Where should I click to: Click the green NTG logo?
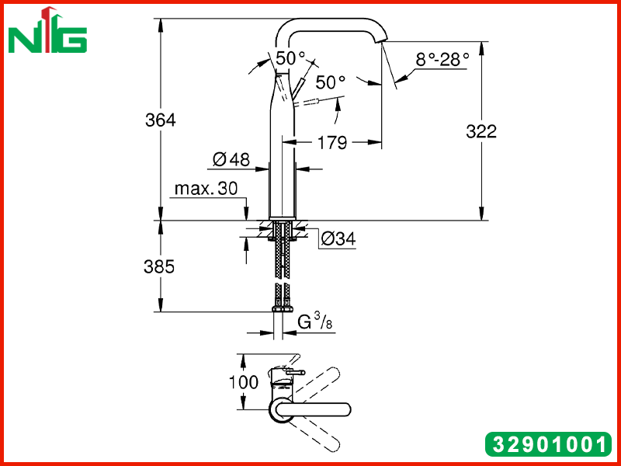pyautogui.click(x=47, y=30)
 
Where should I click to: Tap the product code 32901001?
pyautogui.click(x=548, y=443)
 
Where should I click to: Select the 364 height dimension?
pyautogui.click(x=161, y=120)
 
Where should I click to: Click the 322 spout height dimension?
pyautogui.click(x=481, y=131)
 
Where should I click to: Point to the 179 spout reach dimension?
pyautogui.click(x=332, y=142)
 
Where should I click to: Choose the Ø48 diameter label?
pyautogui.click(x=231, y=159)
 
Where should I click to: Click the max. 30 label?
pyautogui.click(x=206, y=189)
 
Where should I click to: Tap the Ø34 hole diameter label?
pyautogui.click(x=338, y=238)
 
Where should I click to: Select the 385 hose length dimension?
pyautogui.click(x=159, y=266)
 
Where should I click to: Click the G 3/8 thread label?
pyautogui.click(x=315, y=322)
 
